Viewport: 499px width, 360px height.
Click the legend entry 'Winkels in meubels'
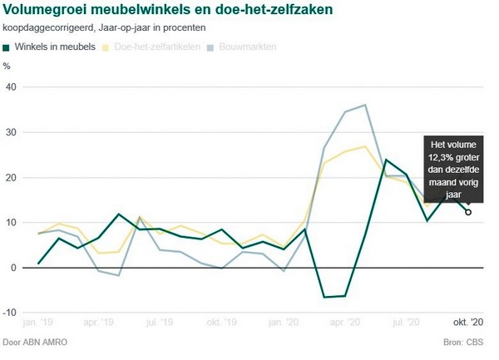coord(54,47)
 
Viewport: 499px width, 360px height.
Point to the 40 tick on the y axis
coord(11,87)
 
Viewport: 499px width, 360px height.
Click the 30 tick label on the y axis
coord(11,132)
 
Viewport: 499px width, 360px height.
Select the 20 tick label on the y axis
coord(11,178)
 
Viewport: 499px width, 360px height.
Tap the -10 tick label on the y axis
coord(10,313)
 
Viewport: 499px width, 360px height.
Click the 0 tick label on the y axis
coord(13,268)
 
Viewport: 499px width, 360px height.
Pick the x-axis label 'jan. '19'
coord(38,322)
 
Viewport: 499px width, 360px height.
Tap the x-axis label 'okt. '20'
coord(467,322)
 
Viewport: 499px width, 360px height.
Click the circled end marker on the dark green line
coord(468,212)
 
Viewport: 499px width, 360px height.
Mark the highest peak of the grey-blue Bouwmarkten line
coord(366,105)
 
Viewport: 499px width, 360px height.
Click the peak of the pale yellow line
coord(366,146)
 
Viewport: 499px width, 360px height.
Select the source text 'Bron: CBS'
coord(469,343)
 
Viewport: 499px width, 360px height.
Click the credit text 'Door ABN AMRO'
coord(35,343)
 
